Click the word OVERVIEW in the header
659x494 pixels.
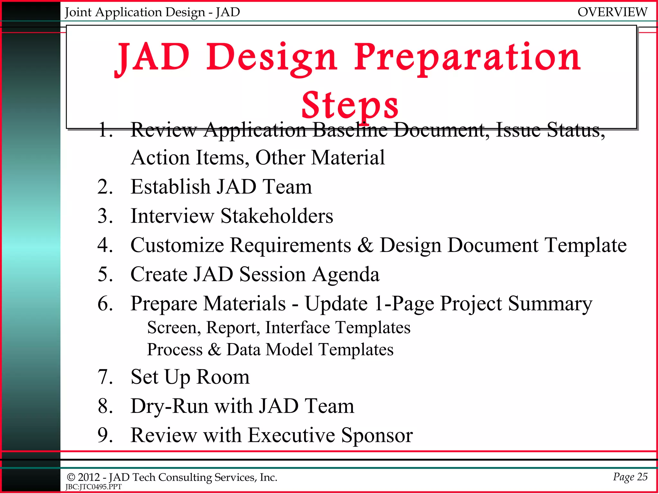click(x=612, y=12)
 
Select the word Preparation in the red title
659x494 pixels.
click(x=467, y=58)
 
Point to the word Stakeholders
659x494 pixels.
click(x=277, y=216)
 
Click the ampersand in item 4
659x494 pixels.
click(x=365, y=245)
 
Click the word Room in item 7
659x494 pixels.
click(x=223, y=377)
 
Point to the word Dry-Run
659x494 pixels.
click(x=169, y=406)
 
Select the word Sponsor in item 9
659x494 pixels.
click(x=377, y=435)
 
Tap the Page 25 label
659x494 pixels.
click(x=630, y=476)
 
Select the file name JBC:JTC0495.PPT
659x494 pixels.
click(x=93, y=487)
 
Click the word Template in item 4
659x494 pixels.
click(x=585, y=245)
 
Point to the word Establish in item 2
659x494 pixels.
click(x=170, y=187)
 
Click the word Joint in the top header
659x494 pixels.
click(x=78, y=12)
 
